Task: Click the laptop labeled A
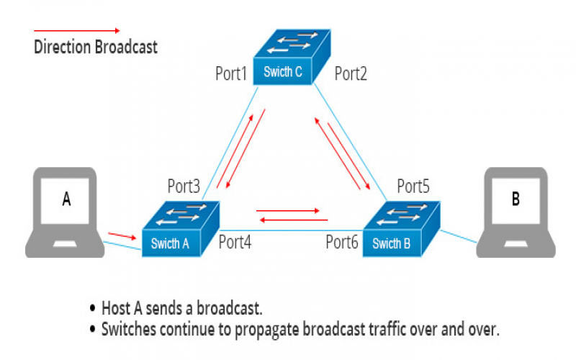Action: coord(66,212)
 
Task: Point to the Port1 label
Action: coord(231,73)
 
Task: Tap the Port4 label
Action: coord(235,242)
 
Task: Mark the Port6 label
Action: coord(342,242)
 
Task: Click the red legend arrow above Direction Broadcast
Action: coord(77,31)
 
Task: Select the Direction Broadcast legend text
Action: coord(96,48)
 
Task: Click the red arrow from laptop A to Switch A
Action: coord(120,235)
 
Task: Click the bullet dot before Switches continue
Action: coord(92,328)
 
